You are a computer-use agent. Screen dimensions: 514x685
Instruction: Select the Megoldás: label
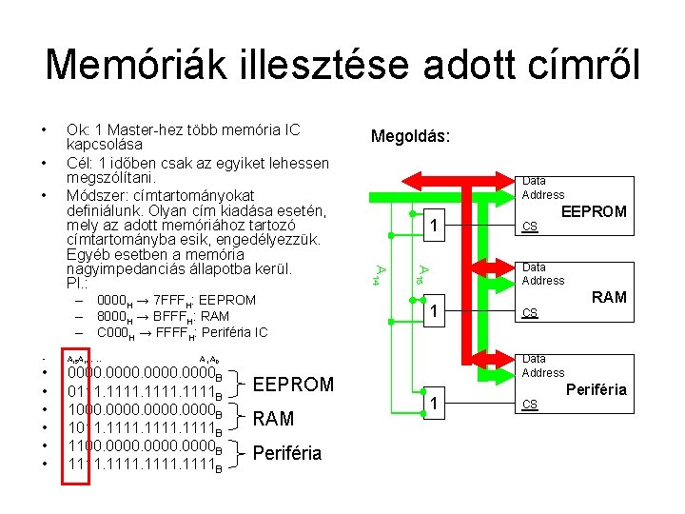pyautogui.click(x=410, y=137)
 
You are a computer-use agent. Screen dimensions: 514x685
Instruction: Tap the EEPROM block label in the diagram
pyautogui.click(x=595, y=211)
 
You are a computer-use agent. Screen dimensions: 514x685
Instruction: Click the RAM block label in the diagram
pyautogui.click(x=609, y=297)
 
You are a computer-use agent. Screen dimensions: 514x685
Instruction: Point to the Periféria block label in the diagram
pyautogui.click(x=597, y=389)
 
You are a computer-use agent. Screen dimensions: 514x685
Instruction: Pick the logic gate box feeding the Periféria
pyautogui.click(x=433, y=405)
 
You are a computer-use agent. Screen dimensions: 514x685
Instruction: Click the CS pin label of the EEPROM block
pyautogui.click(x=531, y=227)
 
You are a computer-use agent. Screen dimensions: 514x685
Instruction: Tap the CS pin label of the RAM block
pyautogui.click(x=531, y=312)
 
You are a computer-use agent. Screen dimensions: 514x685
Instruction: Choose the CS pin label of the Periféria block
pyautogui.click(x=531, y=405)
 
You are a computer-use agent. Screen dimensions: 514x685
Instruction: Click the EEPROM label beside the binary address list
pyautogui.click(x=293, y=385)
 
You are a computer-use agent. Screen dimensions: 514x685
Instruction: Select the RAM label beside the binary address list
pyautogui.click(x=274, y=419)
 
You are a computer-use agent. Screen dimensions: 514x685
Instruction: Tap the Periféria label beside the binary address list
pyautogui.click(x=286, y=453)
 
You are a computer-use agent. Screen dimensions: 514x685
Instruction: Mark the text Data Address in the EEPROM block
pyautogui.click(x=543, y=188)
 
